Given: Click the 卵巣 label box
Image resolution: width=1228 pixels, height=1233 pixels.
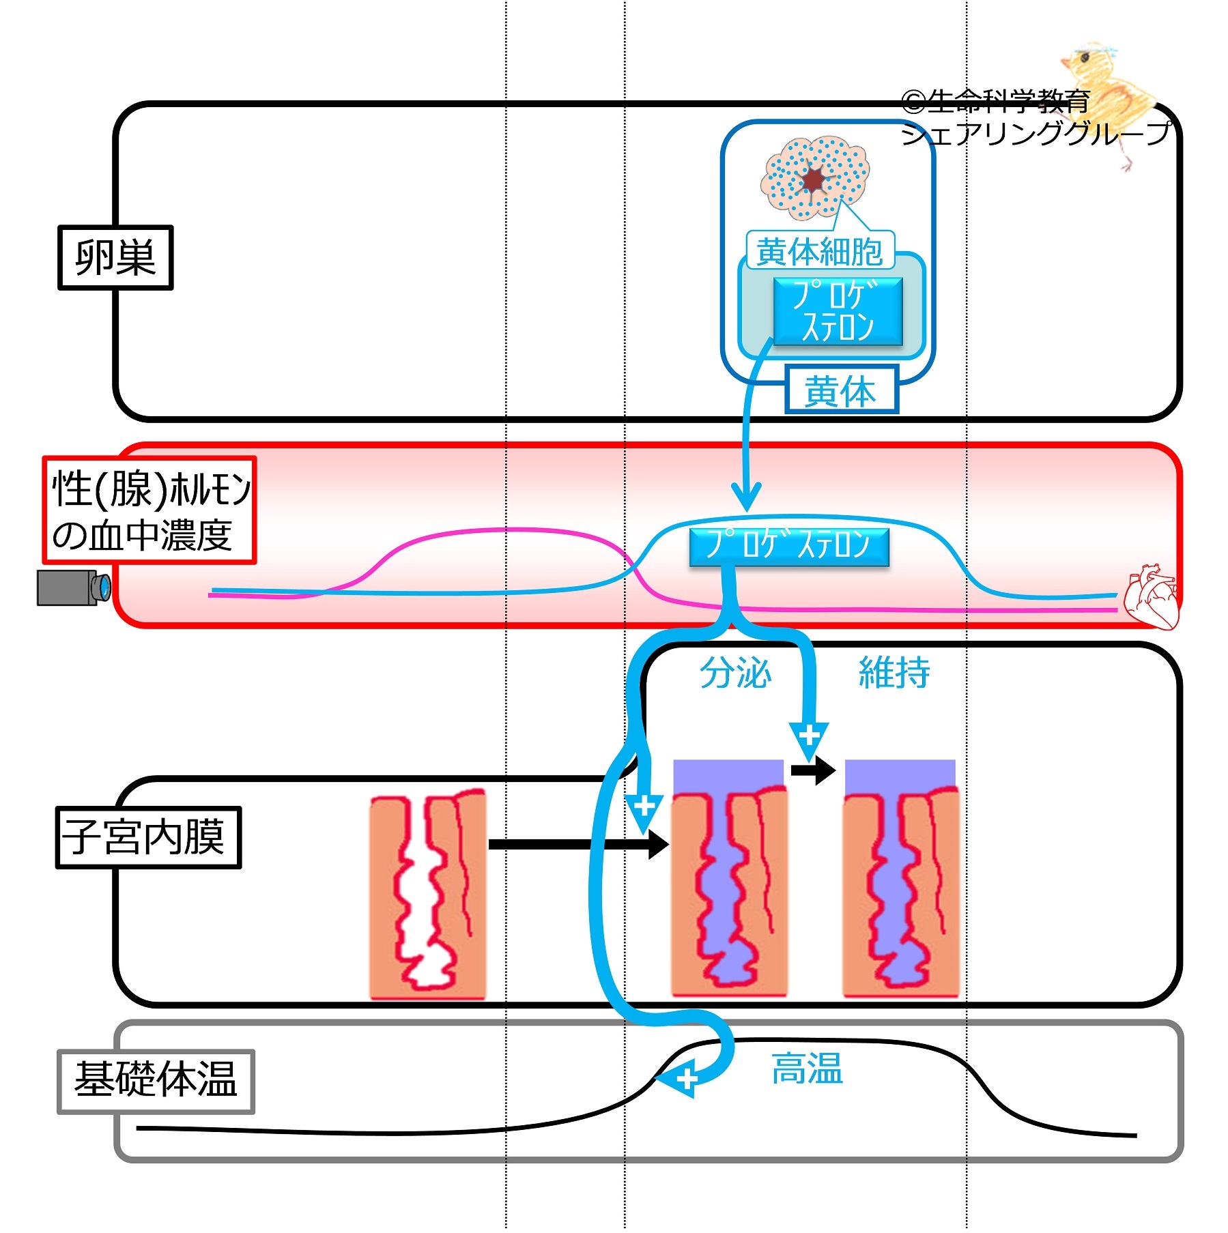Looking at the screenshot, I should point(115,258).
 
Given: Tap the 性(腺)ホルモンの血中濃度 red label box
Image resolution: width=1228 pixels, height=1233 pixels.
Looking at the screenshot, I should point(149,510).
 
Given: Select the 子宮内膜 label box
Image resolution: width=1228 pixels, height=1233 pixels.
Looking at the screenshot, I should point(148,837).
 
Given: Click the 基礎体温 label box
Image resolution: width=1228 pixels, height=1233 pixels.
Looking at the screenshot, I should point(156,1082).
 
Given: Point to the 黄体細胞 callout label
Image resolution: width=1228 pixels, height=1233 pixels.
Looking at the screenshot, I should point(819,251).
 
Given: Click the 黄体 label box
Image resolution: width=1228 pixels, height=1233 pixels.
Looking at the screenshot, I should point(841,390).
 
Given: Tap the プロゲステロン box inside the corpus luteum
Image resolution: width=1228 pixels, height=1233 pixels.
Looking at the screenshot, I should point(838,311).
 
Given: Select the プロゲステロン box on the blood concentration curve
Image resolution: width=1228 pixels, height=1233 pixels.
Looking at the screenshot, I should point(789,546).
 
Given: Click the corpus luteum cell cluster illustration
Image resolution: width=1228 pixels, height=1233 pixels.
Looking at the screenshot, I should point(814,177).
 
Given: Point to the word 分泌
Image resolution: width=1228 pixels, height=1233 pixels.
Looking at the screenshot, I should point(735,673).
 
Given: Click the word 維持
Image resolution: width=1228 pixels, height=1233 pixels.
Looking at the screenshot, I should point(894,673).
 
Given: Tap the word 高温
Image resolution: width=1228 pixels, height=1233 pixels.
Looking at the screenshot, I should point(807,1069).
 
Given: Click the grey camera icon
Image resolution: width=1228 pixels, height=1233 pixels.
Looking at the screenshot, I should point(73,588).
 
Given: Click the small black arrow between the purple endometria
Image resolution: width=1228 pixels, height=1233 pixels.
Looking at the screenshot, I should point(813,771).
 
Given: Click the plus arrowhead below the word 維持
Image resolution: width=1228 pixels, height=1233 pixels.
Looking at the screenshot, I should point(809,739).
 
